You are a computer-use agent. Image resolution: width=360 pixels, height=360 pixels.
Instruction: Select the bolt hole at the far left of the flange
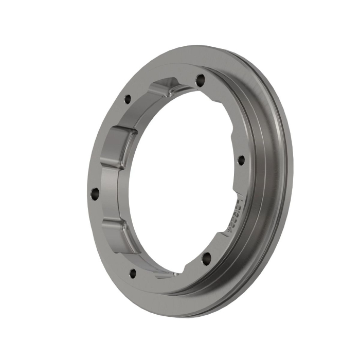coord(95,193)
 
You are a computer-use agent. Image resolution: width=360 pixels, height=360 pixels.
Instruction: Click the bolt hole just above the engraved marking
coord(240,160)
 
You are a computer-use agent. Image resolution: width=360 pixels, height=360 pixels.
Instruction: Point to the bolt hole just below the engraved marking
coord(207,258)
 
